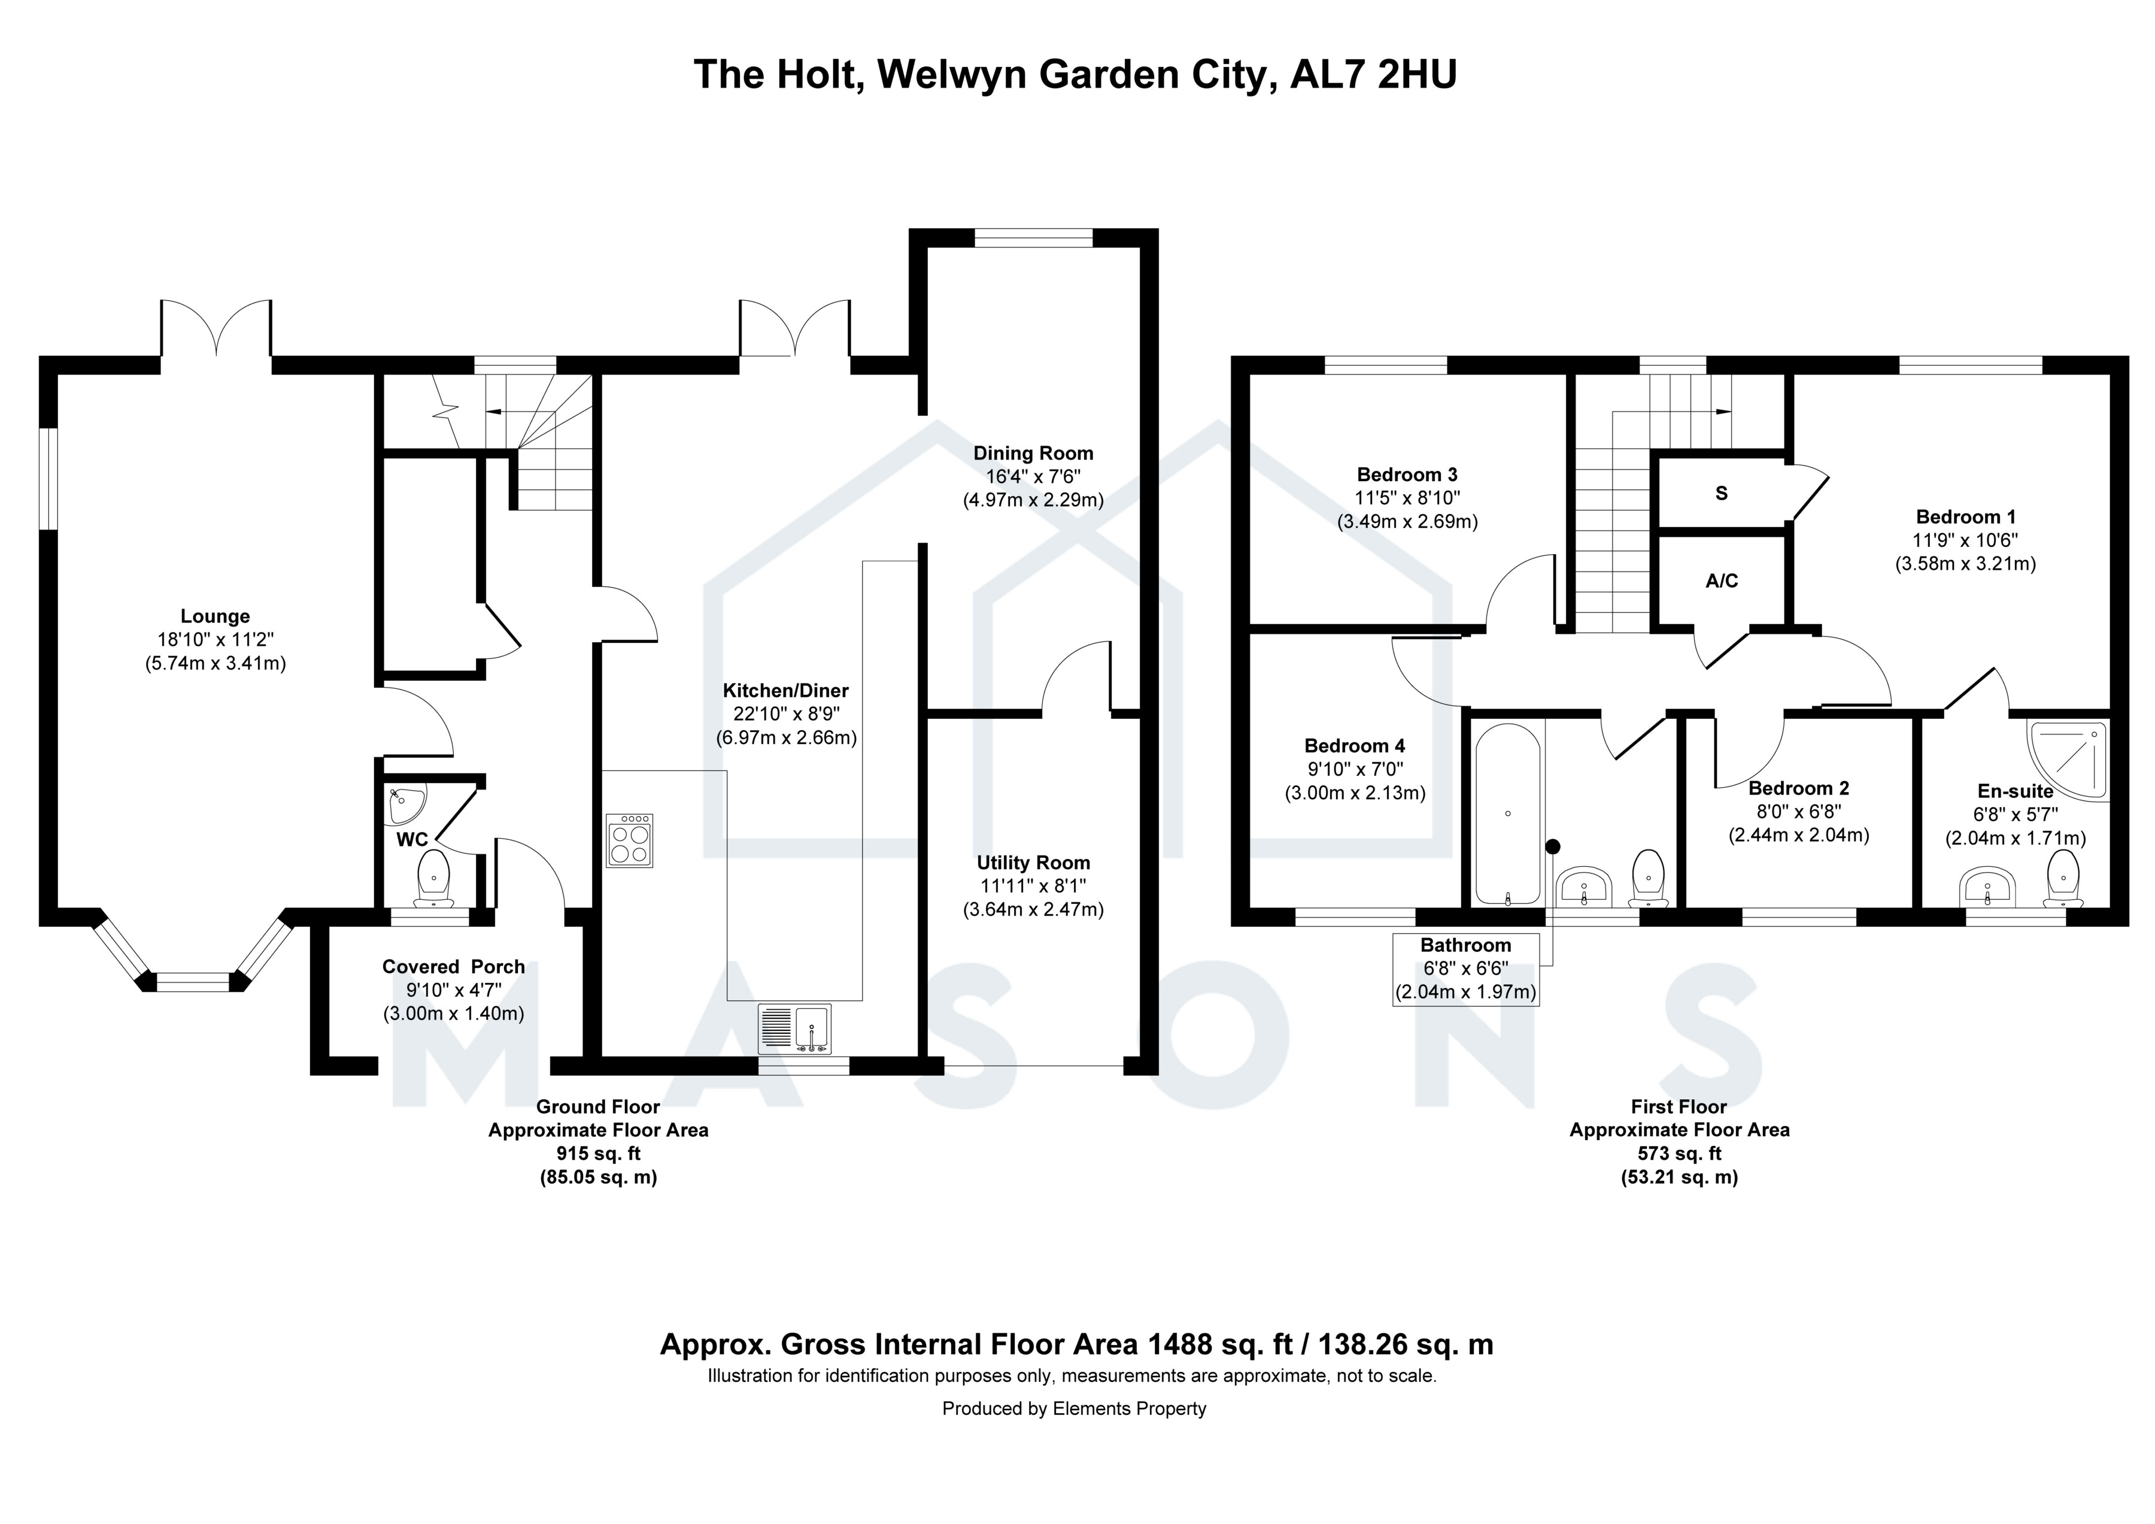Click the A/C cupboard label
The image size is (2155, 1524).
1722,581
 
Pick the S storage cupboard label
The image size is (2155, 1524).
1722,494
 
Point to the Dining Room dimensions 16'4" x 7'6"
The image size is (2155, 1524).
1033,476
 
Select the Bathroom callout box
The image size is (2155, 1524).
1465,969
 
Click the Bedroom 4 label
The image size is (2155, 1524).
1355,746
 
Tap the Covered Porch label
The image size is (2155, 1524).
453,966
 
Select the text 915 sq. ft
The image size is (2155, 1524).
598,1153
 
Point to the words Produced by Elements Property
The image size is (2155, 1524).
1074,1408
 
